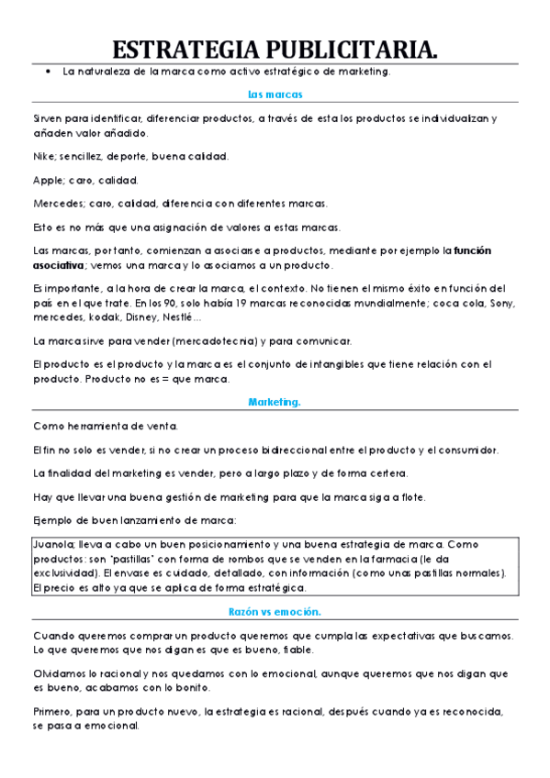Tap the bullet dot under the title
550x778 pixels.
click(x=47, y=72)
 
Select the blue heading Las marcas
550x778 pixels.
click(x=275, y=94)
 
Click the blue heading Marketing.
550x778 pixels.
click(x=275, y=402)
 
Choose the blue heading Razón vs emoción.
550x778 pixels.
click(x=275, y=611)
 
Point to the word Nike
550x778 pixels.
click(x=44, y=156)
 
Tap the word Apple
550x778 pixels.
click(x=48, y=180)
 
